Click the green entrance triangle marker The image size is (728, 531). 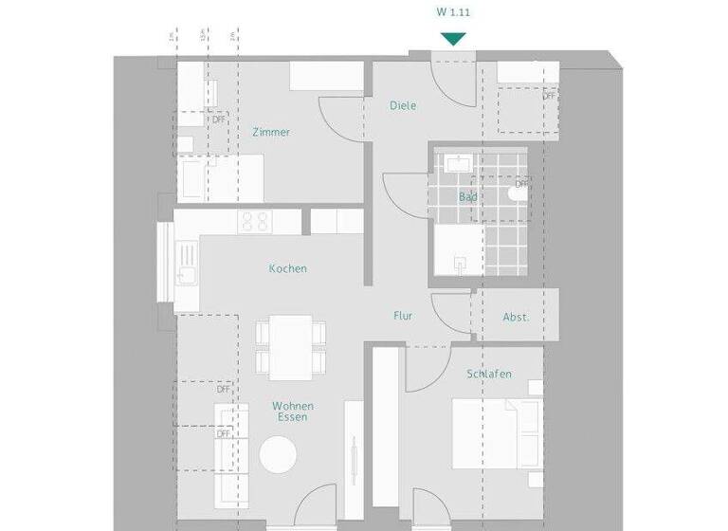coord(454,39)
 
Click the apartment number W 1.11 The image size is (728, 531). coord(454,12)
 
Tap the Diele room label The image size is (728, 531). coord(403,106)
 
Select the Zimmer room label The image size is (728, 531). coord(271,133)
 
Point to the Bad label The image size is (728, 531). coord(467,197)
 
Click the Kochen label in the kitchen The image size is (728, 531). coord(287,268)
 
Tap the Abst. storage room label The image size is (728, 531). coord(516,318)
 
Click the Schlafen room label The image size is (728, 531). coord(489,375)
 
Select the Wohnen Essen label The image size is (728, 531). coord(293,412)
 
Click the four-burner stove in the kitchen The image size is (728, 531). coord(254,222)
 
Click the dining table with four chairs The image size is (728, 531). coord(291,345)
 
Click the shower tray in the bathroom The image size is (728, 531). coord(460,254)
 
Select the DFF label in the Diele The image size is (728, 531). coord(550,96)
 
